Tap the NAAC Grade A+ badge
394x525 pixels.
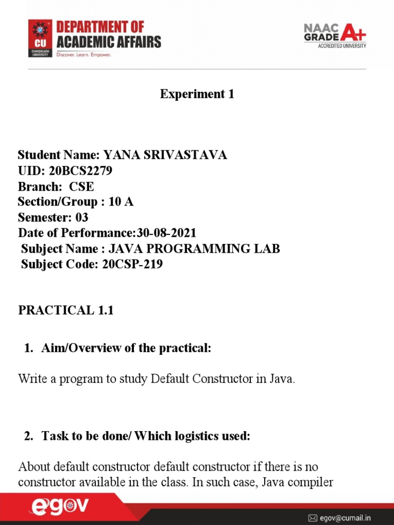point(334,35)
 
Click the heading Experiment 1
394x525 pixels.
point(197,94)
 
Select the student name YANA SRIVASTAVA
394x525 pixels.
point(165,155)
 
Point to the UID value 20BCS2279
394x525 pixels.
point(81,171)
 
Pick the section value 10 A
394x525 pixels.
point(121,202)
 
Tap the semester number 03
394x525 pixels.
point(82,218)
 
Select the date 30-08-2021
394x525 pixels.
point(166,233)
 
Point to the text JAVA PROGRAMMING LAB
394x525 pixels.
point(200,249)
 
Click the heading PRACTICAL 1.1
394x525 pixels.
point(66,311)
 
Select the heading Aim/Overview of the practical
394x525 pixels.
point(126,349)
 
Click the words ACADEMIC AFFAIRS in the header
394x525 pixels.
point(115,42)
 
